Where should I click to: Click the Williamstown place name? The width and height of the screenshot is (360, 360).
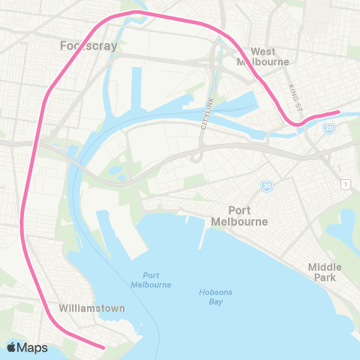click(91, 308)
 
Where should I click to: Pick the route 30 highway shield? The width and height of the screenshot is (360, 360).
click(266, 185)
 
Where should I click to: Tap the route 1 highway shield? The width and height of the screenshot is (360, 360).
click(345, 184)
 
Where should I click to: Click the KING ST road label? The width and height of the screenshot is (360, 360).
click(294, 94)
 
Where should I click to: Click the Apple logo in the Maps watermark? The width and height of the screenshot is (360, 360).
click(12, 347)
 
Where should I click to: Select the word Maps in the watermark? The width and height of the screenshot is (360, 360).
click(33, 347)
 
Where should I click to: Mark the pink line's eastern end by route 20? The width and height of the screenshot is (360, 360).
click(338, 112)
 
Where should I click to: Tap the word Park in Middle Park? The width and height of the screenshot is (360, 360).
click(325, 278)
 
